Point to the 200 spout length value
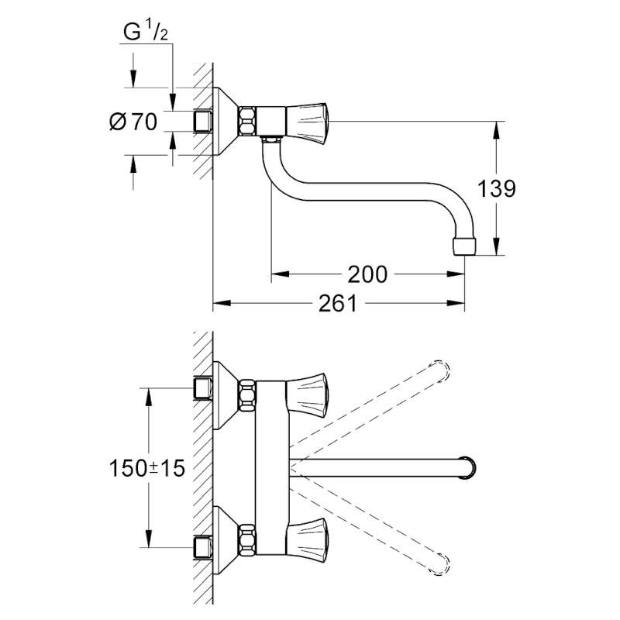coord(367,274)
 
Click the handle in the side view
coord(308,119)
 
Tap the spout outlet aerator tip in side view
coord(464,246)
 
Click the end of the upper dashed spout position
coord(440,370)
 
